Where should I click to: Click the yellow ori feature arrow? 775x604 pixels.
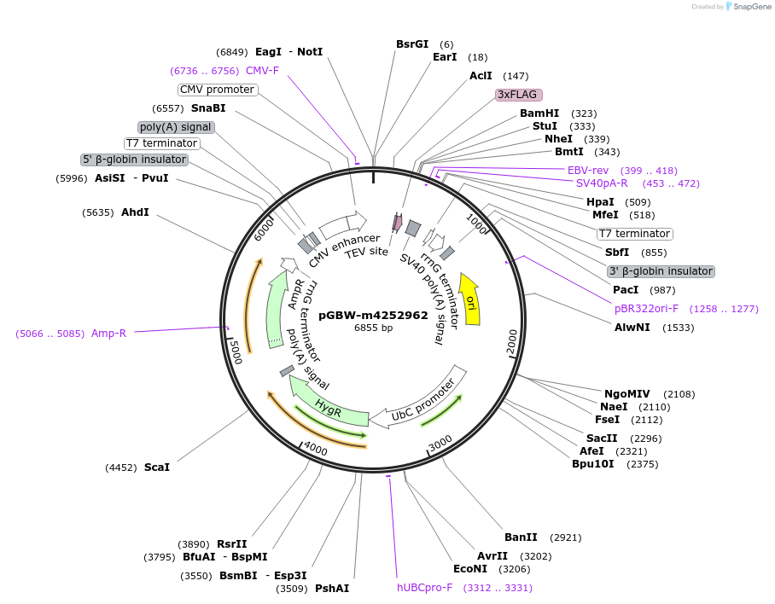[x=469, y=299]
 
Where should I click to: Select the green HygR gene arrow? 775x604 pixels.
[x=324, y=403]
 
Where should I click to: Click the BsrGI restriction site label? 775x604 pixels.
[x=412, y=44]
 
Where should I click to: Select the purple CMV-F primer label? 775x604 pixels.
[x=262, y=71]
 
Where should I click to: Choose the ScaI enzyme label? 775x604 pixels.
[x=157, y=468]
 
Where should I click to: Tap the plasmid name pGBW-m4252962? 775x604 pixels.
[x=373, y=315]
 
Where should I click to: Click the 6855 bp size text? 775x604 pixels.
[x=373, y=328]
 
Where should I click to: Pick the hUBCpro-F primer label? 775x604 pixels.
[x=424, y=588]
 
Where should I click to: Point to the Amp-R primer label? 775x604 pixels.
[x=108, y=334]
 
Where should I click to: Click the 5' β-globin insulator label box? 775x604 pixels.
[x=134, y=160]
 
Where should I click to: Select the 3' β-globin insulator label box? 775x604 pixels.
[x=661, y=271]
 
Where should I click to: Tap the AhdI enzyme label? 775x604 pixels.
[x=135, y=212]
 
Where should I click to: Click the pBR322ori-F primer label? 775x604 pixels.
[x=646, y=309]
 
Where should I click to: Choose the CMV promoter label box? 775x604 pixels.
[x=217, y=90]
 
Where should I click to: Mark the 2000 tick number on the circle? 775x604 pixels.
[x=512, y=339]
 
